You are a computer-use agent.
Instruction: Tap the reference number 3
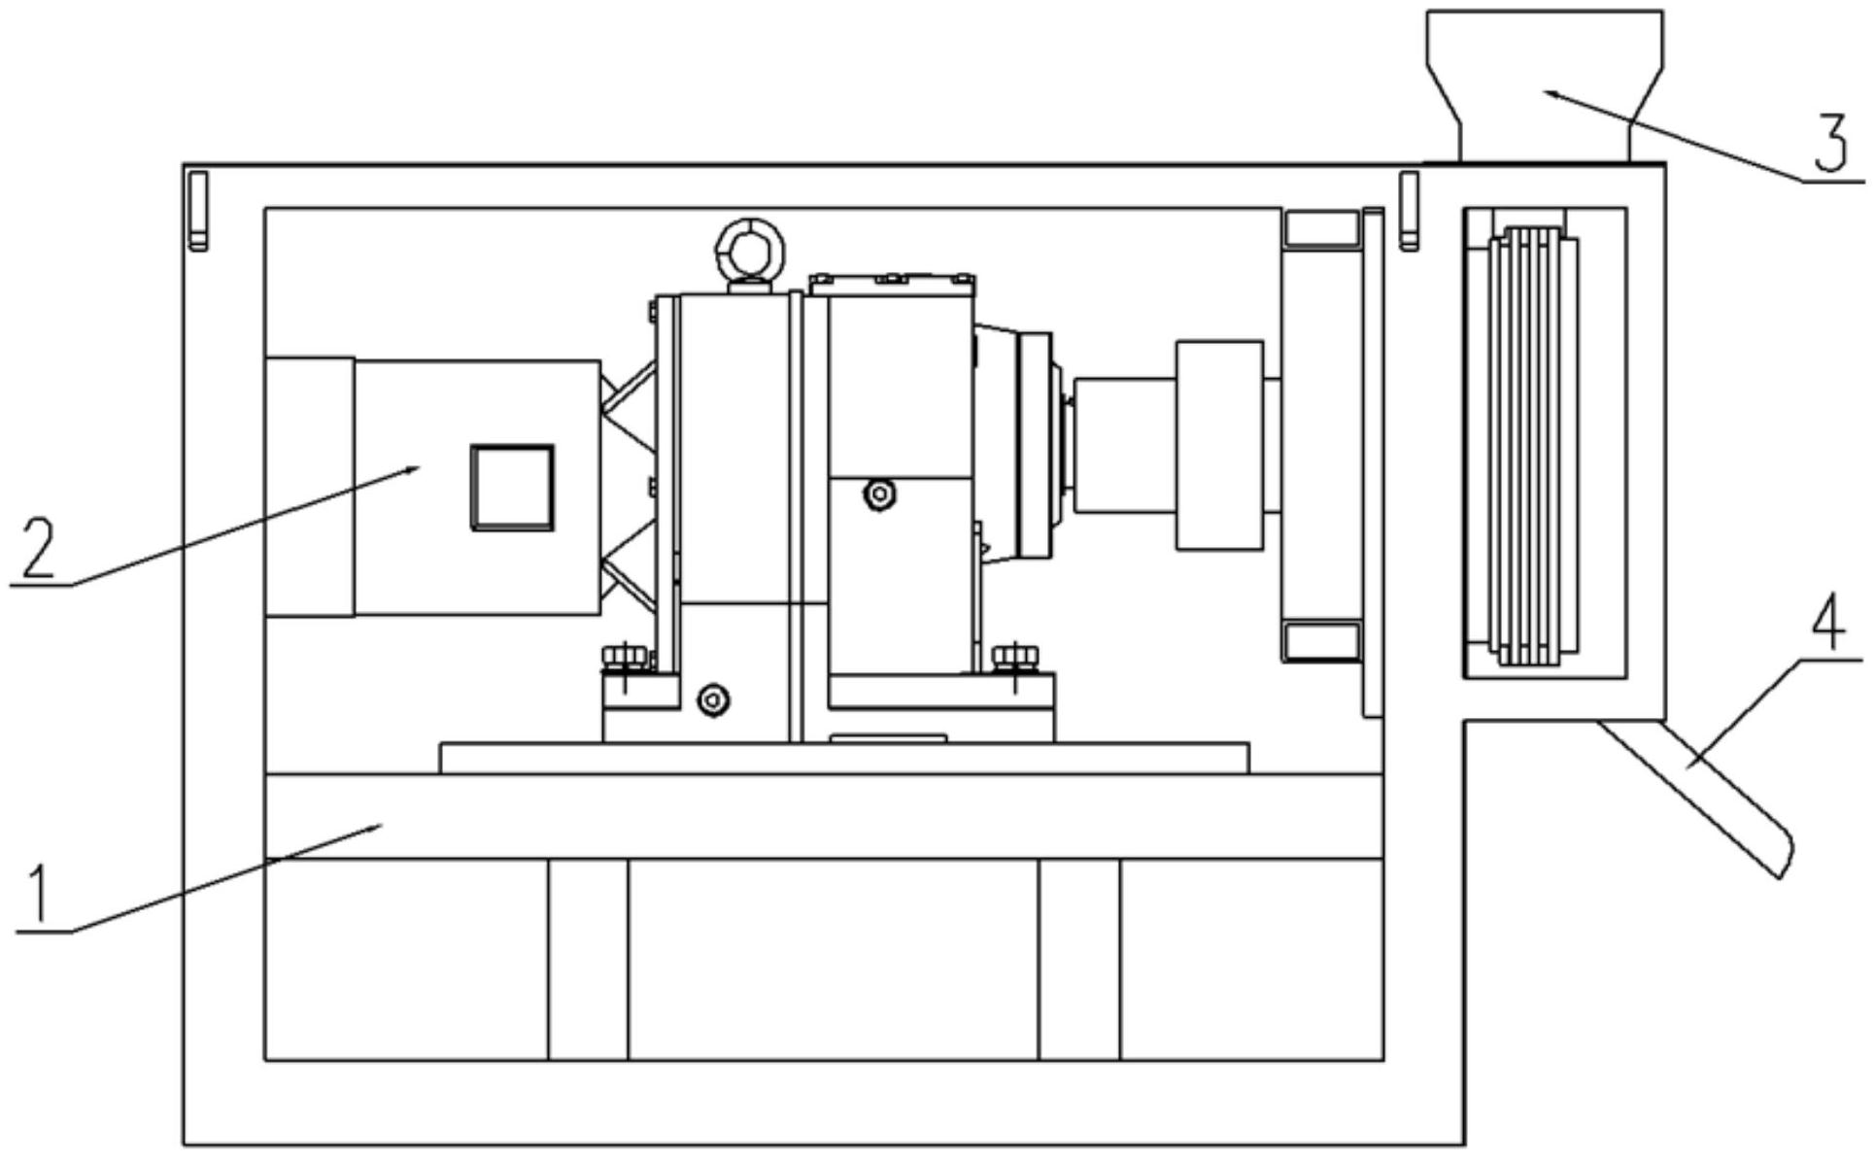1830,144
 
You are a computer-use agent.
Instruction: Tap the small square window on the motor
512,488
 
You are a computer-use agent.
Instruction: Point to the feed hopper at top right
1544,78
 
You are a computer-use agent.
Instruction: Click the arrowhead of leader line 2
416,468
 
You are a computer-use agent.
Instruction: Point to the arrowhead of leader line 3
1550,93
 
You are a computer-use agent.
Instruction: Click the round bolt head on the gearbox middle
880,494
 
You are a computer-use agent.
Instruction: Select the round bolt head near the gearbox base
714,699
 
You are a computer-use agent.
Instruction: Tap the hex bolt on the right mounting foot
1013,658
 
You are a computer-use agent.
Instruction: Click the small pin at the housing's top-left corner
198,210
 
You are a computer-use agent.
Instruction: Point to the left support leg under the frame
588,959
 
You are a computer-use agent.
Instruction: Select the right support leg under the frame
1079,959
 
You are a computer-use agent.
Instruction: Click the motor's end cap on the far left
309,487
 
